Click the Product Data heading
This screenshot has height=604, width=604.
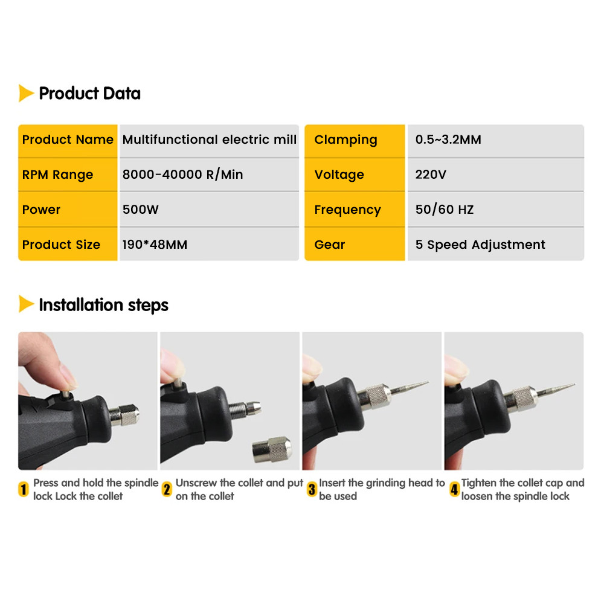point(89,94)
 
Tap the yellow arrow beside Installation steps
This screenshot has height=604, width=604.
point(26,304)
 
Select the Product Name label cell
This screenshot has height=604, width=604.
point(68,140)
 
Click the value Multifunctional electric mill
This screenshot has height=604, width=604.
point(210,140)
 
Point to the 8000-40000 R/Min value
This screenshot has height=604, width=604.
point(182,175)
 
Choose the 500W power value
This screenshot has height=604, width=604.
point(140,210)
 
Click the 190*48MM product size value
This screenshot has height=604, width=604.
point(155,245)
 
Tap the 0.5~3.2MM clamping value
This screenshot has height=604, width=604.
point(448,140)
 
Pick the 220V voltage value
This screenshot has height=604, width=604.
point(431,175)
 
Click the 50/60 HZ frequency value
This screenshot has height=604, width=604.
point(445,210)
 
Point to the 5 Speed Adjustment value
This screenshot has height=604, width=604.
point(480,245)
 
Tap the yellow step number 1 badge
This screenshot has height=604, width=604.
point(24,489)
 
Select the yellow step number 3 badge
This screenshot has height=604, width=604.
point(312,489)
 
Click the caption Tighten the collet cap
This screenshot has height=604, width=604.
point(522,483)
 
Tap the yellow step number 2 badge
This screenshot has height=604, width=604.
point(167,489)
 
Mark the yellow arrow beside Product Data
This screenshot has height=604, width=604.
point(26,94)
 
